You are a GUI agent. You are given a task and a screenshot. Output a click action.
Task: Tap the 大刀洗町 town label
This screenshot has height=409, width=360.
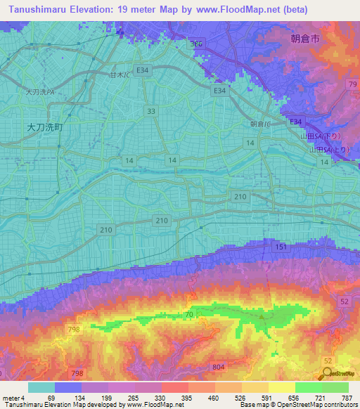tap(44, 127)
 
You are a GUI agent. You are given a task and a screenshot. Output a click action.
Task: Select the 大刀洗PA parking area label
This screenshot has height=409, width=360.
tap(40, 92)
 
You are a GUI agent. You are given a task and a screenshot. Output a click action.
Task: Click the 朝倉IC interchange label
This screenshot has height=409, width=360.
tap(261, 124)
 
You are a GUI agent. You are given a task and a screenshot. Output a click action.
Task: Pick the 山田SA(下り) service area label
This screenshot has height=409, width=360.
tap(321, 136)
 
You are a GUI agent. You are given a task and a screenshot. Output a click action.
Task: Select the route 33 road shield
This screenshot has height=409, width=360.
tap(151, 111)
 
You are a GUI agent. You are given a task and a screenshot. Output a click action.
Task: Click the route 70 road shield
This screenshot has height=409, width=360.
tap(189, 316)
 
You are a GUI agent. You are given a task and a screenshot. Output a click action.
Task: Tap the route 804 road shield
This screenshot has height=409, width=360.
tap(220, 367)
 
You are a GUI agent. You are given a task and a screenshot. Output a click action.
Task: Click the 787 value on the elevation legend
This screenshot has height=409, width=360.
tap(345, 398)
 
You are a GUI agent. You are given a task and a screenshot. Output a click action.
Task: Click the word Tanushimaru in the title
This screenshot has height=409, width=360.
tap(39, 10)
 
